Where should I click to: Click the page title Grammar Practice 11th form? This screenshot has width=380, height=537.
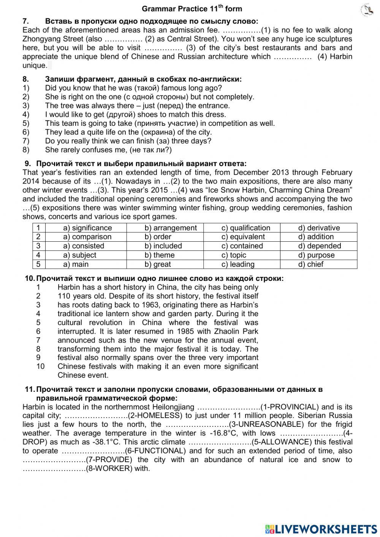coord(192,9)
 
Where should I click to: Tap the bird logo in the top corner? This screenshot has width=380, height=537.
coord(367,10)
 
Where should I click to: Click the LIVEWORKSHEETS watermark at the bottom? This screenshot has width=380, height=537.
coord(321,529)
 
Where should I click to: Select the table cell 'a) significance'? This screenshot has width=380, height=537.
coord(87,228)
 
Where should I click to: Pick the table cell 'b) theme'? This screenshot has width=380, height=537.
coord(159,255)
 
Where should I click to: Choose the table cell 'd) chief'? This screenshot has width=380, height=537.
coord(310,265)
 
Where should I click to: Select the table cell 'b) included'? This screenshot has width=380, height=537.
coord(163,246)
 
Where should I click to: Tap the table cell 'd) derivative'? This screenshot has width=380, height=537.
coord(319,228)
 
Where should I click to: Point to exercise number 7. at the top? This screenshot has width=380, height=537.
coord(26,21)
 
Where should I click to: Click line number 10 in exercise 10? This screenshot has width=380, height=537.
coord(40,366)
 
